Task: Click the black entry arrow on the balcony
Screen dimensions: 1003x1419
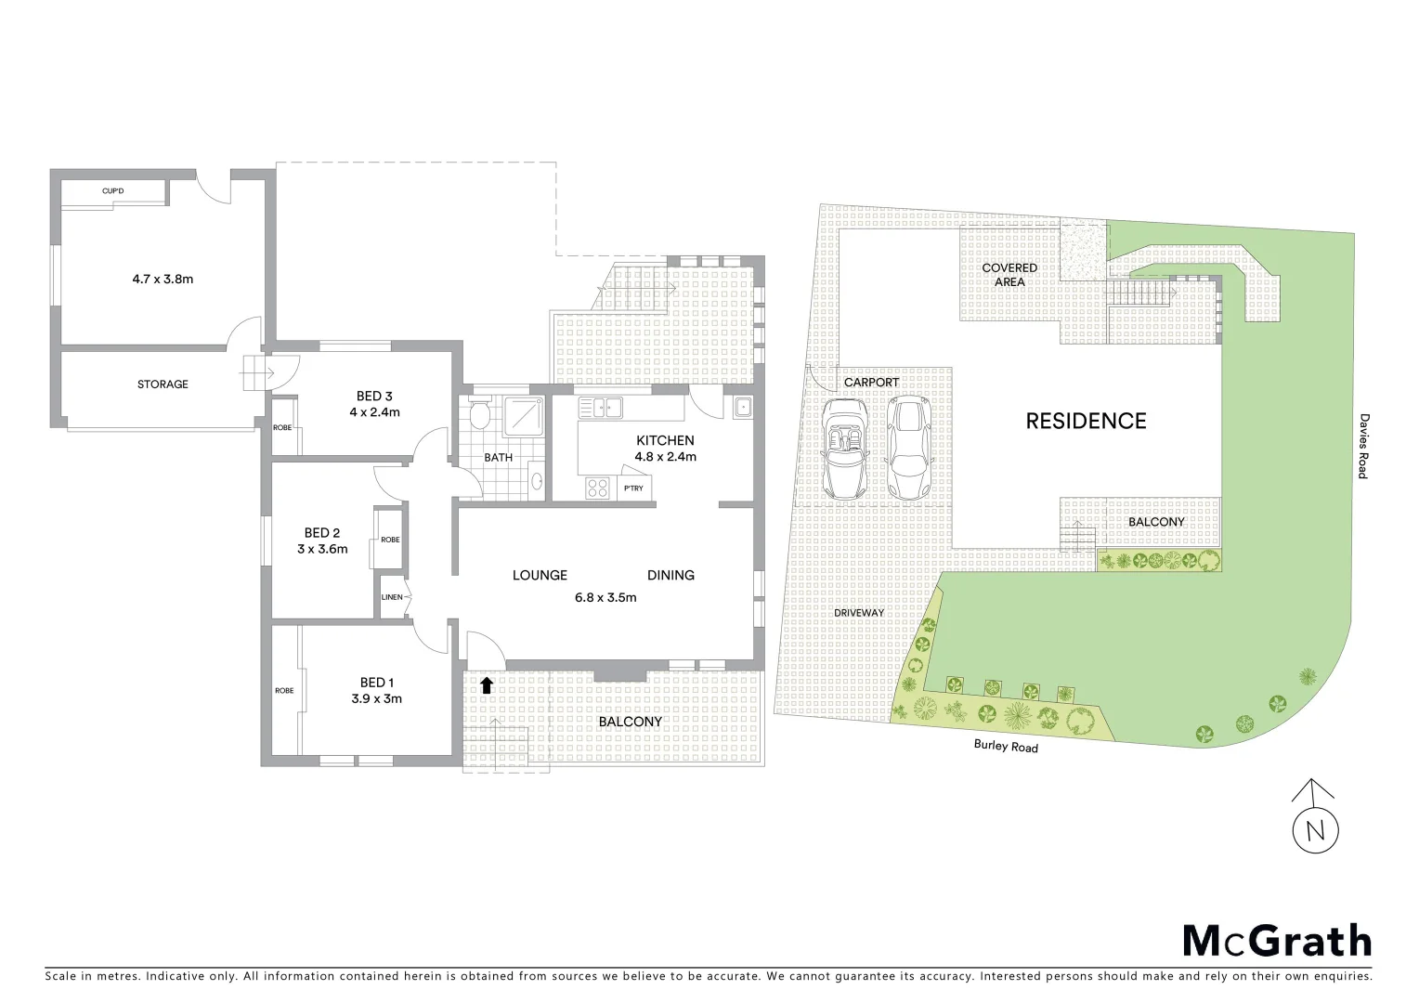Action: click(x=486, y=686)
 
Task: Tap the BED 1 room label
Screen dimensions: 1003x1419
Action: click(x=377, y=683)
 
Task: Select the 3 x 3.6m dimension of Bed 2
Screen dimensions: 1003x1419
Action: click(x=322, y=549)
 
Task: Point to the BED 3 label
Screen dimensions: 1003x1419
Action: click(x=374, y=397)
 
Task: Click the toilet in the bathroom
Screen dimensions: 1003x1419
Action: click(x=479, y=415)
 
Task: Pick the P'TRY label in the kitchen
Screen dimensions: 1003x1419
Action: click(x=633, y=488)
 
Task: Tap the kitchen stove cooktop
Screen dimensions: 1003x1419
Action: click(x=597, y=487)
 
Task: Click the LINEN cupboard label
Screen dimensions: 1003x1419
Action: click(x=392, y=597)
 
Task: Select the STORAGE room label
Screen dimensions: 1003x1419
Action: click(x=163, y=384)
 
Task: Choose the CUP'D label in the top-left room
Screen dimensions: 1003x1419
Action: click(x=113, y=191)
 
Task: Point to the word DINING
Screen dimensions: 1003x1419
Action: click(x=670, y=576)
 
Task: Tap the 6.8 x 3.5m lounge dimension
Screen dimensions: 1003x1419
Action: click(x=605, y=597)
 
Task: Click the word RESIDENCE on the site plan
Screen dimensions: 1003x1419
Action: click(x=1086, y=422)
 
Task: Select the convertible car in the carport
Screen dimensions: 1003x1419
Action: click(x=845, y=448)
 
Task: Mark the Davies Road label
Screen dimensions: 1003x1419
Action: click(x=1362, y=447)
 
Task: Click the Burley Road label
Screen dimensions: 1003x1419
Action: click(x=1006, y=746)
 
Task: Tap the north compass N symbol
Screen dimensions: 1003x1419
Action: click(x=1314, y=829)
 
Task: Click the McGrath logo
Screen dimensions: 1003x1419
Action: click(x=1276, y=941)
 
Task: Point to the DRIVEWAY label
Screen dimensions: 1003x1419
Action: click(x=859, y=613)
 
